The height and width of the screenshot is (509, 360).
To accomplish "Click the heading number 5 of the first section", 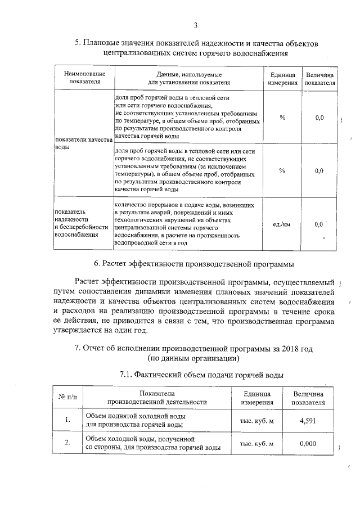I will pos(78,44).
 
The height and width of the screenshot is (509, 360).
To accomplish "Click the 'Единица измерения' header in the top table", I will pos(282,78).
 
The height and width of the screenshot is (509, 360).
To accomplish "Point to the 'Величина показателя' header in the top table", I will pos(319,78).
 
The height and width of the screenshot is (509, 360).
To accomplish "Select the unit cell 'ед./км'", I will pos(282,224).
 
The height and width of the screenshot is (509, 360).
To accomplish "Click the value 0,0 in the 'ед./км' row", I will pos(319,224).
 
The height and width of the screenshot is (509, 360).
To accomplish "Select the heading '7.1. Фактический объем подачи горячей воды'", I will pos(202,375).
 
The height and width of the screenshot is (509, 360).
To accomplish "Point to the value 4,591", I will pos(308,420).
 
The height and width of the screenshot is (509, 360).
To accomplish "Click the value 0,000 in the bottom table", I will pos(308,443).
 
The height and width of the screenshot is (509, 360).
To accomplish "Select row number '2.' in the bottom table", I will pos(67,443).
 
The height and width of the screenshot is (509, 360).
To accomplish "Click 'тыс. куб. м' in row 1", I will pos(256,420).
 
